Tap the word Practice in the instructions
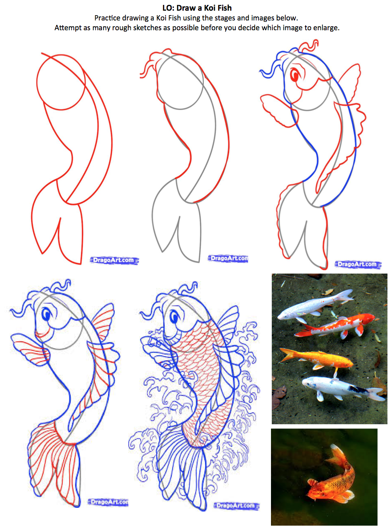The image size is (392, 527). coord(107,18)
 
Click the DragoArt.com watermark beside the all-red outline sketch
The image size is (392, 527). coord(114,260)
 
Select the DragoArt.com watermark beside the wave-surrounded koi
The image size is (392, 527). coord(236,506)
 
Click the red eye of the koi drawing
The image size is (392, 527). coord(295,75)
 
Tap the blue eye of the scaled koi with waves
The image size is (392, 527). coord(174,317)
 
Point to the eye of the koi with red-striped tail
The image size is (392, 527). coord(46,315)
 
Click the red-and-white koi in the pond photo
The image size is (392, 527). coord(335,326)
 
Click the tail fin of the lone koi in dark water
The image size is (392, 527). coord(338,453)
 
